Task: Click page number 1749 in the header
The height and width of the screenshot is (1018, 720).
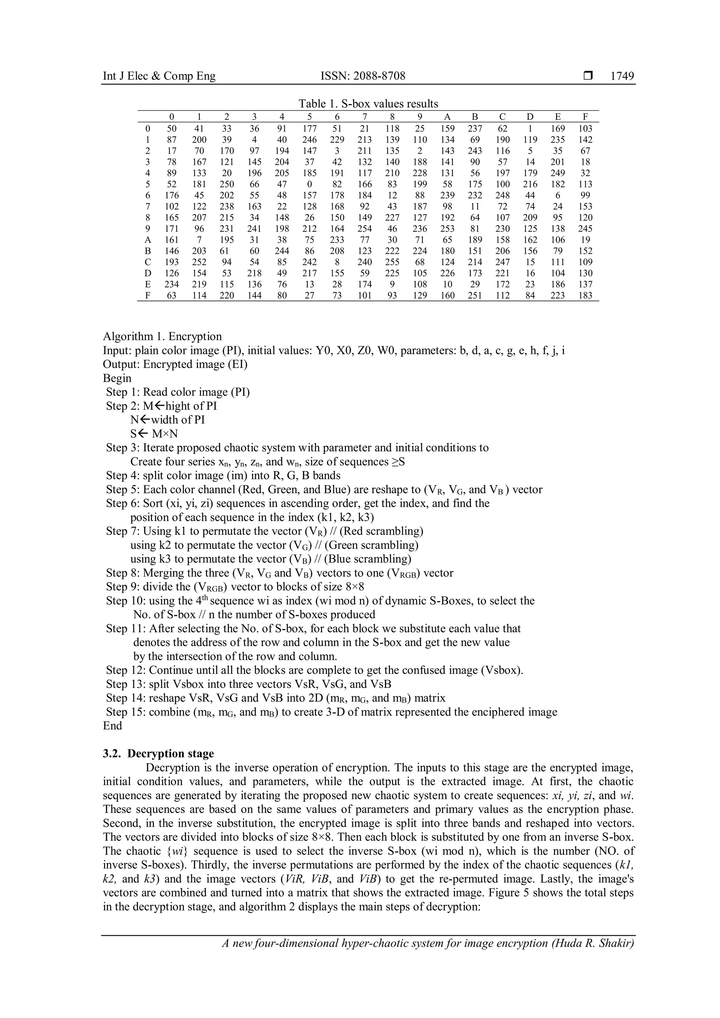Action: tap(622, 76)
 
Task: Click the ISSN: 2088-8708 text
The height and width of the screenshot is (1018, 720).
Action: tap(363, 76)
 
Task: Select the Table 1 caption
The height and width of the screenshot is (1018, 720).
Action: tap(368, 104)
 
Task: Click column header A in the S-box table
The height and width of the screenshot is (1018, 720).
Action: tap(447, 117)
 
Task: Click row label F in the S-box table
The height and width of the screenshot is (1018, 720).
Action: tap(148, 295)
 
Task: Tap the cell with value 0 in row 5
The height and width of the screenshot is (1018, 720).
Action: tap(309, 184)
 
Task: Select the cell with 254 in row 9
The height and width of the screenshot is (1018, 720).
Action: tap(365, 229)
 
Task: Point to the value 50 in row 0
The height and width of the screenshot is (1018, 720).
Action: tap(172, 129)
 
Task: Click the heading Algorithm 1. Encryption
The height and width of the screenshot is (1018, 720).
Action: tap(162, 336)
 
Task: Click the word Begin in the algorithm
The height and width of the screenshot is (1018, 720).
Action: tap(117, 378)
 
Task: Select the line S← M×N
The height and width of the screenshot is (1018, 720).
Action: tap(154, 434)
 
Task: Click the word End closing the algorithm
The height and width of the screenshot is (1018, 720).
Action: tap(112, 726)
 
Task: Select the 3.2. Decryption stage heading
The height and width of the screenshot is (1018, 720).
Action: tap(158, 754)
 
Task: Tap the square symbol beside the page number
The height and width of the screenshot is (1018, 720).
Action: tap(588, 76)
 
